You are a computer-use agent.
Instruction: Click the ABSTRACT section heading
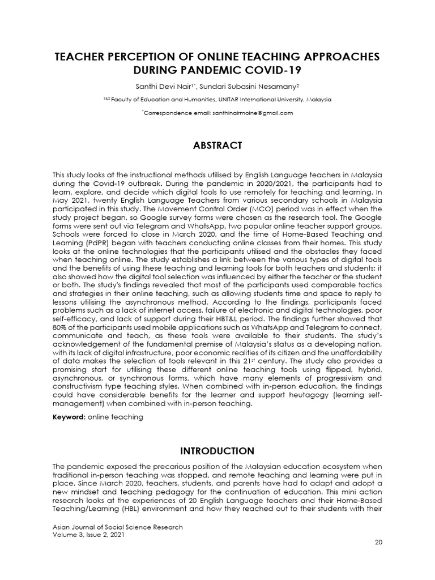[217, 146]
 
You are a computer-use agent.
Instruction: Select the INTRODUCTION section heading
[217, 451]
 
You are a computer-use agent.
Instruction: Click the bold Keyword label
[69, 417]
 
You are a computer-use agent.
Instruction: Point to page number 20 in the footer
[379, 543]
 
